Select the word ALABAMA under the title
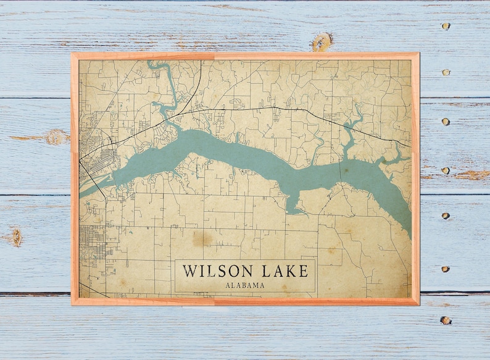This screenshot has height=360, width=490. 245,285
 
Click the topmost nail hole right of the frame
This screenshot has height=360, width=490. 445,26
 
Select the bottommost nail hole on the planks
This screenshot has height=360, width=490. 445,320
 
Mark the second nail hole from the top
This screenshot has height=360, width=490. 445,72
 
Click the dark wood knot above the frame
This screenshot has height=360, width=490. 320,43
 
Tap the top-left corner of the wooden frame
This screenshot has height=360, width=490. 72,54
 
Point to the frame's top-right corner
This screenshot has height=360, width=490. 418,54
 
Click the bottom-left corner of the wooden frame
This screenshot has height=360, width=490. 72,304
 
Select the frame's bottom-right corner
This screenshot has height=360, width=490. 418,304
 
